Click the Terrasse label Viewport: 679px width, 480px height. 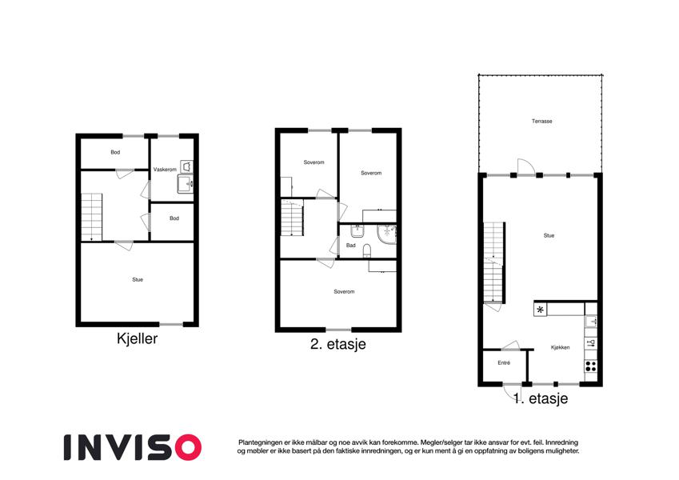[x=541, y=122]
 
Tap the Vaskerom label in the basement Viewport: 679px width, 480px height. [x=165, y=170]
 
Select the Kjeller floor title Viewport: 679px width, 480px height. [x=137, y=338]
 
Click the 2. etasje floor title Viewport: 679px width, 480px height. [x=338, y=344]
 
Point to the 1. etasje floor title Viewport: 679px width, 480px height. [x=541, y=398]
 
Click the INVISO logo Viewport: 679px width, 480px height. [x=133, y=447]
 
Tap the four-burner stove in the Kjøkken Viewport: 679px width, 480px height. [x=591, y=366]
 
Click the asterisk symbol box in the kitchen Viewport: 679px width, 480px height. [x=540, y=310]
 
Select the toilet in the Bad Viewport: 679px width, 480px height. [x=367, y=250]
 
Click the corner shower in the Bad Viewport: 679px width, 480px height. [x=386, y=234]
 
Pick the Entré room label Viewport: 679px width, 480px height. [x=504, y=362]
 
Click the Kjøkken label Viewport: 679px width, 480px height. [x=560, y=347]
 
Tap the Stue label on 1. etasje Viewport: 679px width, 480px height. [x=549, y=236]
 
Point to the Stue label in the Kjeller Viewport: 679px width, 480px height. [x=138, y=280]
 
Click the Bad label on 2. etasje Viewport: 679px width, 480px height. [x=351, y=246]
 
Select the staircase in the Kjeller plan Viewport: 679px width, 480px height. [x=92, y=217]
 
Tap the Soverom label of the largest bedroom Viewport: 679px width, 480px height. [x=344, y=292]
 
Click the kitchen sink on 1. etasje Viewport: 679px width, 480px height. [x=591, y=322]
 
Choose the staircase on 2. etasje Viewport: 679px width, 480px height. [x=292, y=218]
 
